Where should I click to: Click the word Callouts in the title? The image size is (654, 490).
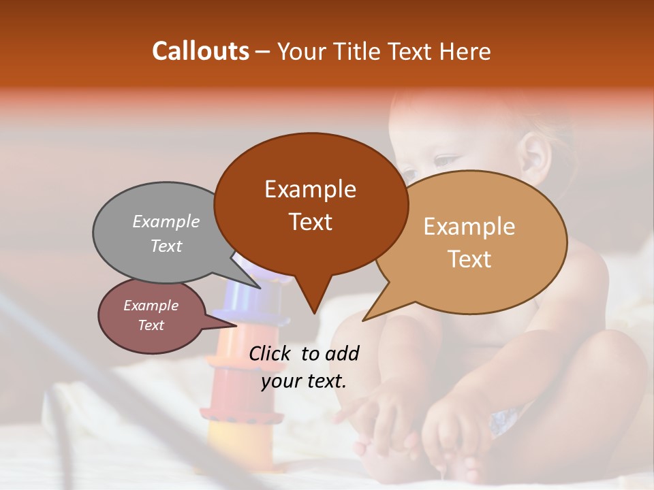coord(200,51)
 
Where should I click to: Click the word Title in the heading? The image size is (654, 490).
coord(360,51)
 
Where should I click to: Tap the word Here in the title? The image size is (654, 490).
coord(465,51)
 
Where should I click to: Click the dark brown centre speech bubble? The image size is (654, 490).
coord(310,204)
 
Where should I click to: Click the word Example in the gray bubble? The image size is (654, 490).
coord(166,221)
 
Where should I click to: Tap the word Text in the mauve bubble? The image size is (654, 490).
coord(151,325)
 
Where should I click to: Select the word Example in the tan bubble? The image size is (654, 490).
coord(469,227)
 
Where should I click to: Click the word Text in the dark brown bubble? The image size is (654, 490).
coord(310,222)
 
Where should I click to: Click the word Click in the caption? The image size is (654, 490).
coord(271,353)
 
